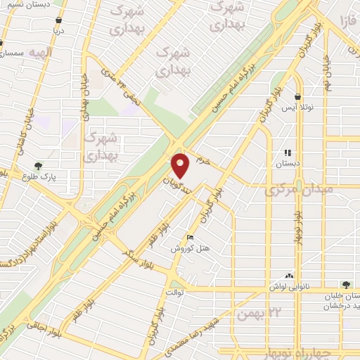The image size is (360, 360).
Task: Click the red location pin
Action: [x=181, y=166]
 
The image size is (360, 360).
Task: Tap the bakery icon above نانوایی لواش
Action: [x=289, y=276]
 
